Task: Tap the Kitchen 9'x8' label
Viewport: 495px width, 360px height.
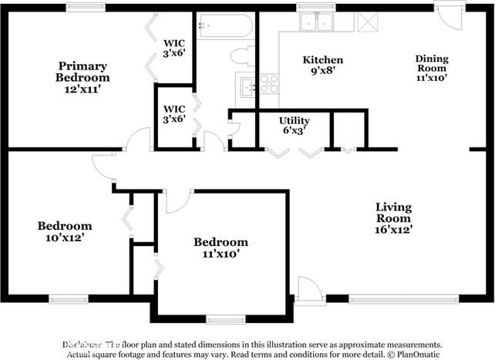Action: pyautogui.click(x=322, y=66)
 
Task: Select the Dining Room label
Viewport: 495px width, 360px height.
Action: pyautogui.click(x=432, y=68)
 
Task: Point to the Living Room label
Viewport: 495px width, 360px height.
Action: pyautogui.click(x=393, y=218)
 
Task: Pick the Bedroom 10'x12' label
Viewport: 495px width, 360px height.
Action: pyautogui.click(x=65, y=232)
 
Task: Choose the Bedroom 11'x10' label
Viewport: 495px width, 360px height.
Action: pyautogui.click(x=221, y=247)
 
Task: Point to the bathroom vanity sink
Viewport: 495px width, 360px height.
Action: pyautogui.click(x=247, y=85)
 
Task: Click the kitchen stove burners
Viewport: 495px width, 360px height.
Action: pyautogui.click(x=269, y=83)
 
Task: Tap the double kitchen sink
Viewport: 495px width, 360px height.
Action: pyautogui.click(x=315, y=22)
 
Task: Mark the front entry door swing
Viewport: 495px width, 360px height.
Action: pyautogui.click(x=310, y=291)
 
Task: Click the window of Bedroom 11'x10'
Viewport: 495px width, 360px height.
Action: pyautogui.click(x=225, y=318)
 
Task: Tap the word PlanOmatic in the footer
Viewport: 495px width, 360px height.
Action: pyautogui.click(x=419, y=354)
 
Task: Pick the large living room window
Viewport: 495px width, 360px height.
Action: pyautogui.click(x=393, y=298)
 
